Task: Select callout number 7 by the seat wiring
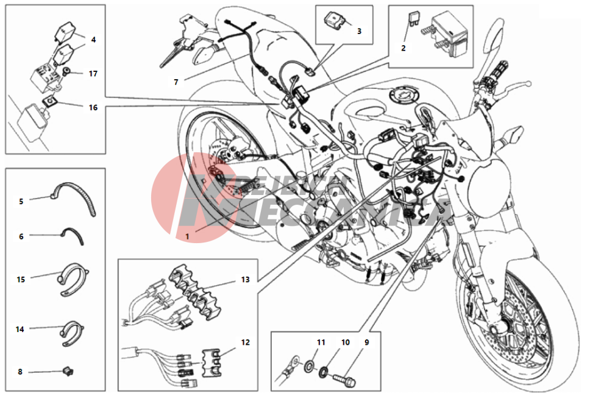pos(176,81)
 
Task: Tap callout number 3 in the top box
pos(359,30)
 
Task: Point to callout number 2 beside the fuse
pos(403,47)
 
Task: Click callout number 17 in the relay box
pos(93,74)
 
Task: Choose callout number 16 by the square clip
pos(93,107)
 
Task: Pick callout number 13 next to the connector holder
pos(245,280)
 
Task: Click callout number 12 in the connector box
pos(245,342)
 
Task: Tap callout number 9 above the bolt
pos(367,342)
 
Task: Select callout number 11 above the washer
pos(321,342)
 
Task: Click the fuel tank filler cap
pos(401,97)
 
